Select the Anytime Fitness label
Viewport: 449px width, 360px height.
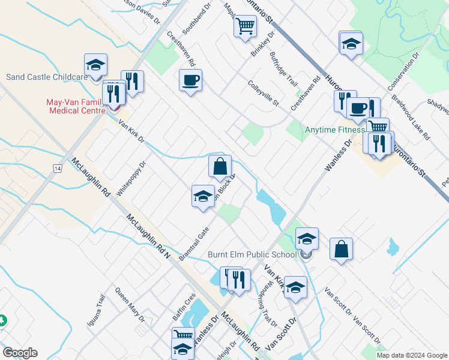point(334,130)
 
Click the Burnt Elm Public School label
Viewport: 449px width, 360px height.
point(252,254)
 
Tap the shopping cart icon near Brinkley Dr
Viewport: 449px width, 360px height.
point(245,26)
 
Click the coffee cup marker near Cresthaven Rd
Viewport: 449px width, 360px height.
point(190,80)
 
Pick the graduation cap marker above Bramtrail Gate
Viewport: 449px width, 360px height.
point(203,196)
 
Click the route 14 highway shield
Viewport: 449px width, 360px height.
point(57,170)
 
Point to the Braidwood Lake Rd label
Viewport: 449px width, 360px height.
point(411,117)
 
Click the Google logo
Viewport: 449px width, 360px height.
point(20,353)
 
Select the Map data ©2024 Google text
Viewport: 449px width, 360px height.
point(412,355)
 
